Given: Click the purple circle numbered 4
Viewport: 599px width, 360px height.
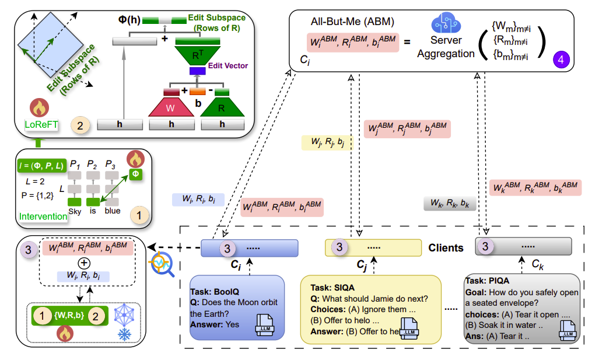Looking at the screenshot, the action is (x=561, y=60).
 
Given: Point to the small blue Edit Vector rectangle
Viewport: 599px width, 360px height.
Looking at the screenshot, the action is (x=198, y=71).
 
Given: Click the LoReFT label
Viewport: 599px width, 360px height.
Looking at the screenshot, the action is (x=41, y=125).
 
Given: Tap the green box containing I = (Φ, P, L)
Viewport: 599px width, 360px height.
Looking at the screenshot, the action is (x=41, y=166).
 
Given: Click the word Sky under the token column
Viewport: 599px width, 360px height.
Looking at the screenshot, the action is (x=75, y=211).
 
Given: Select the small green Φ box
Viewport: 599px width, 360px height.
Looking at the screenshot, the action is (x=135, y=174).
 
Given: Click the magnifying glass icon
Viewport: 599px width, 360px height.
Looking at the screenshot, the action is (x=162, y=264).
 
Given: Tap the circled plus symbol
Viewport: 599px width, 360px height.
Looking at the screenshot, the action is (x=84, y=263).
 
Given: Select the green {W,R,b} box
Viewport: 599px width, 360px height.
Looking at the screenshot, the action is (x=69, y=316).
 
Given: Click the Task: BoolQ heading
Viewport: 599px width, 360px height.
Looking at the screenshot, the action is (x=215, y=292).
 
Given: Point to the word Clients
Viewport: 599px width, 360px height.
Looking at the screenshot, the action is (x=446, y=248).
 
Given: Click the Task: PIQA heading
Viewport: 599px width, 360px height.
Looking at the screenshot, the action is (x=488, y=281).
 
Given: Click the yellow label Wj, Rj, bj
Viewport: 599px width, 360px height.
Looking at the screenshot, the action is (x=327, y=142).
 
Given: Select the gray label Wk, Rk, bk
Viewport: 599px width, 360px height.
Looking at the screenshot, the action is (x=450, y=203).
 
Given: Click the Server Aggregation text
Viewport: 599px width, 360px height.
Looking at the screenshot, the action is (x=446, y=47).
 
